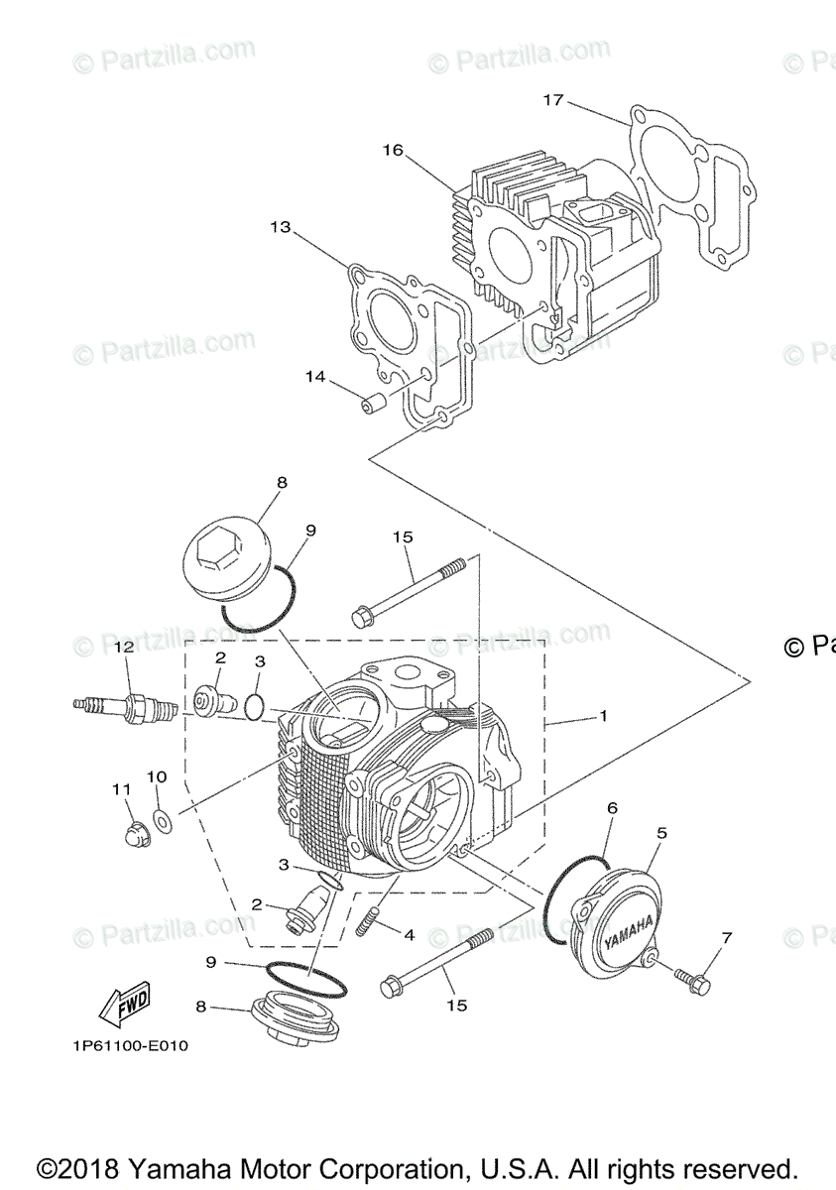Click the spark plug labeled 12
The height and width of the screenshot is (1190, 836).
click(x=127, y=707)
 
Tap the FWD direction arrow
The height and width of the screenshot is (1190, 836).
click(x=123, y=1008)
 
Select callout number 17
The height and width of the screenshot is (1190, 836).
click(x=552, y=100)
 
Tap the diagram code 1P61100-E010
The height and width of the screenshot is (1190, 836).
click(x=130, y=1045)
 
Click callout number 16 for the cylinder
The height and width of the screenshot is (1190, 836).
click(x=393, y=150)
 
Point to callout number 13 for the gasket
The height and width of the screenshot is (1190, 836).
click(x=280, y=227)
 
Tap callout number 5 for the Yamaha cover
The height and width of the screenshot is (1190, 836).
click(x=661, y=833)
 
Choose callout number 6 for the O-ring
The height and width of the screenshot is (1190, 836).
click(x=612, y=808)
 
